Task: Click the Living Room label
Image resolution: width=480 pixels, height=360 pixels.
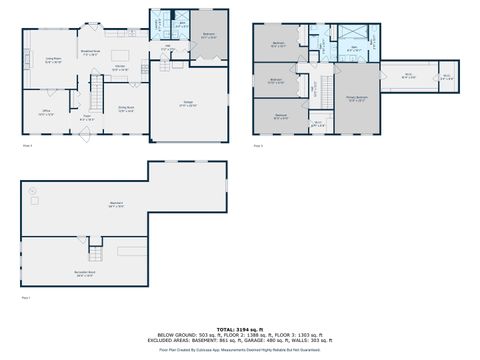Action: (x=54, y=61)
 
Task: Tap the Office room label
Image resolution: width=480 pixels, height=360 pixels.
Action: (x=46, y=112)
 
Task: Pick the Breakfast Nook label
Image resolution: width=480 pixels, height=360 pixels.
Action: (x=89, y=51)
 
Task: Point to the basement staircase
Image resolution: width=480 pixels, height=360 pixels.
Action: (x=96, y=245)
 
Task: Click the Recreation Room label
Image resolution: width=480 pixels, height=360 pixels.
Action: (x=85, y=272)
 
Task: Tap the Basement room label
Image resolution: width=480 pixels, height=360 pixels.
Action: (x=116, y=205)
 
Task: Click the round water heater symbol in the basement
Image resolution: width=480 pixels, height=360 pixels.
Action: (x=35, y=189)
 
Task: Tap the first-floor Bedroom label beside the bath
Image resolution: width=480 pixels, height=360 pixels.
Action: (x=209, y=36)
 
